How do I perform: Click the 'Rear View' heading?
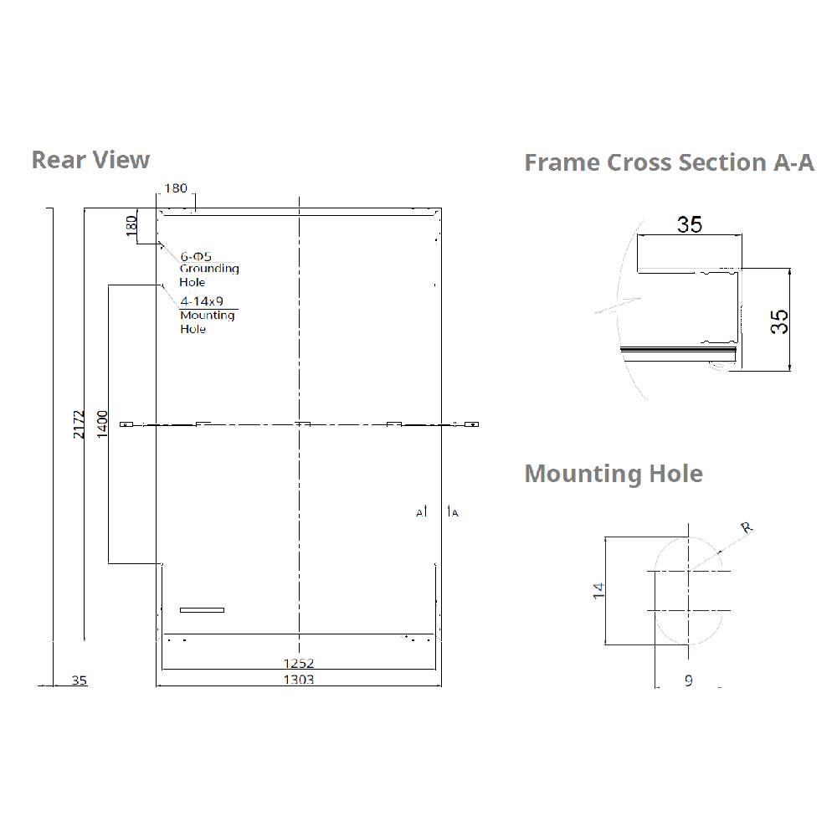[90, 159]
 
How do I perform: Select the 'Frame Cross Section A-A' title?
[669, 162]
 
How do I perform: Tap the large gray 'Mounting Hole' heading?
[614, 474]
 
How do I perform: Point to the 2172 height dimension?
[79, 424]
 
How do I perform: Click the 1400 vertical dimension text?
[102, 424]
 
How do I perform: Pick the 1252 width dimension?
[299, 663]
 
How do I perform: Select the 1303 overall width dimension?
[299, 680]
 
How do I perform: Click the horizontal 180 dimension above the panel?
[176, 188]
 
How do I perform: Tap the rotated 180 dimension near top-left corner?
[131, 226]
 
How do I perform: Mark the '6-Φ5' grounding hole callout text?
[196, 256]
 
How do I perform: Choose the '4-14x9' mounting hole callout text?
[202, 301]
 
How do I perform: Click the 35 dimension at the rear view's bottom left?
[79, 680]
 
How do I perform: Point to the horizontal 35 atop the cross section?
[690, 224]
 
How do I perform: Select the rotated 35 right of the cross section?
[779, 321]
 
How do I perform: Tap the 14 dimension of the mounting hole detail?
[598, 590]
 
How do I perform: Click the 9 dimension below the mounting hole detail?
[688, 680]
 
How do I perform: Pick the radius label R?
[747, 528]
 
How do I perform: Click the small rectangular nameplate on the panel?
[203, 609]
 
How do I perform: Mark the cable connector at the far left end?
[126, 424]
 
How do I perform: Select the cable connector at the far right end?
[473, 424]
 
